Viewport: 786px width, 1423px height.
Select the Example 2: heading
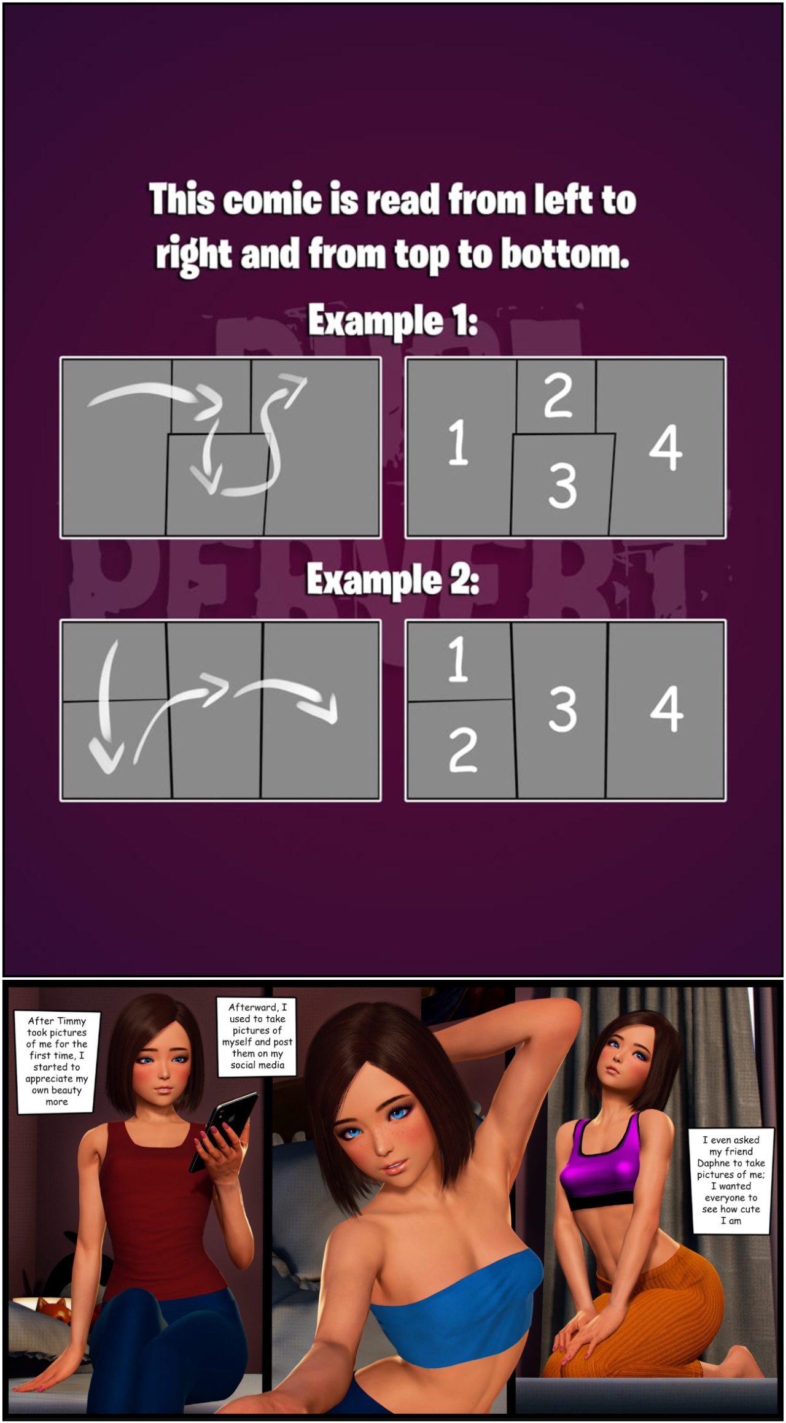392,580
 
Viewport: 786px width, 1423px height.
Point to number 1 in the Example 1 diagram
458,443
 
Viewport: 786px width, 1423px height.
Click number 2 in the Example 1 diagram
558,396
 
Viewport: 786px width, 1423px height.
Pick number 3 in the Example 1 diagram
562,486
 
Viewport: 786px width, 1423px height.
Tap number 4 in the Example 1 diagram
666,448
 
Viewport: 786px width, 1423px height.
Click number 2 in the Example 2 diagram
463,751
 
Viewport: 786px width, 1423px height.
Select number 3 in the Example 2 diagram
562,710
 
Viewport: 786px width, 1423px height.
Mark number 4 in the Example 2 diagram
667,709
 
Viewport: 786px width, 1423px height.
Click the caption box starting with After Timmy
57,1063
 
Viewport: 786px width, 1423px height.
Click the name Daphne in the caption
714,1163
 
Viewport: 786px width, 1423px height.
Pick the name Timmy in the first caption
71,1022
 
